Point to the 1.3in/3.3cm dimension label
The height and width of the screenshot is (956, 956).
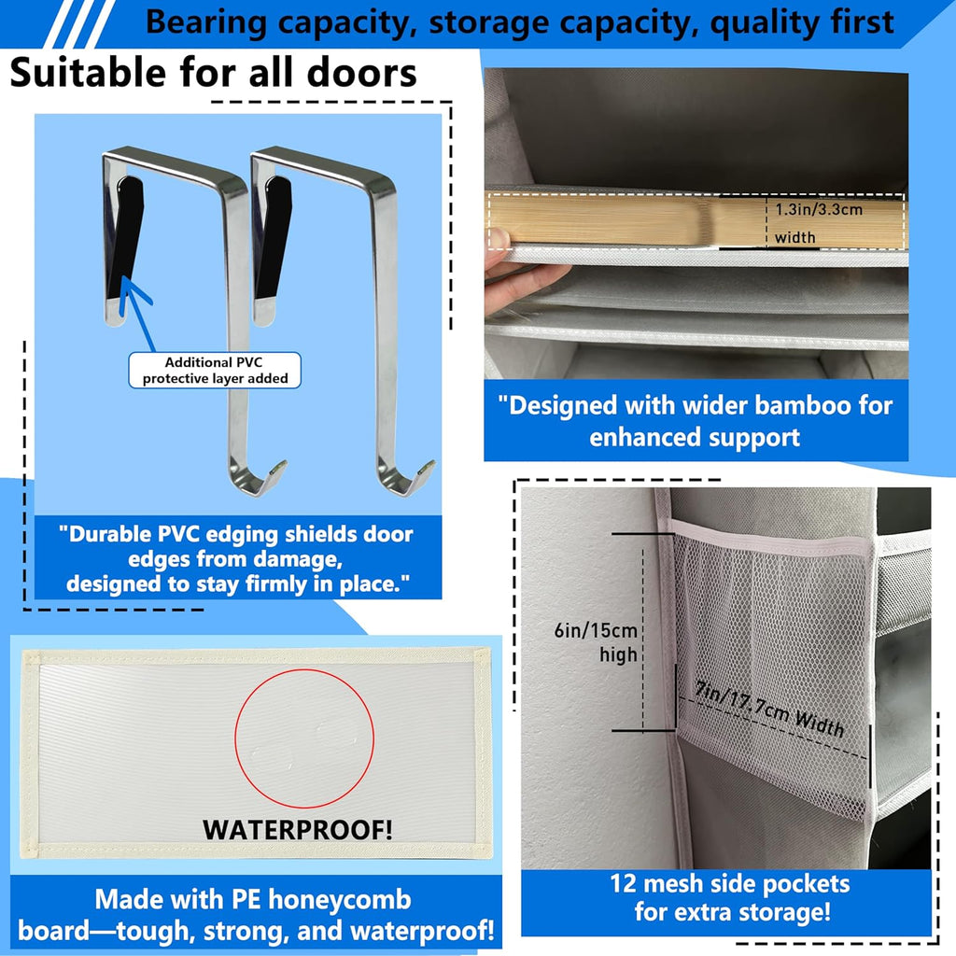(819, 209)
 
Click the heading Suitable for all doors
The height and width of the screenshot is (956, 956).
(213, 72)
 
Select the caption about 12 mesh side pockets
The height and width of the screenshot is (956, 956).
(729, 896)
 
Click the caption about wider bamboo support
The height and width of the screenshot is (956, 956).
(696, 421)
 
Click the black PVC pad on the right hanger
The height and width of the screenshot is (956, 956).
(274, 233)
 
